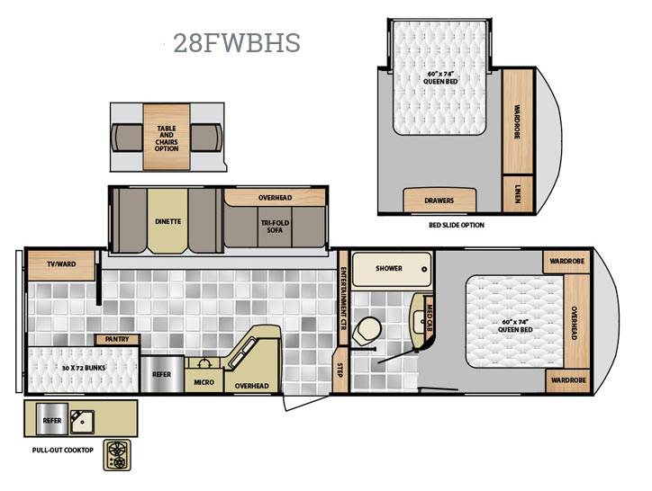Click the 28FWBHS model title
pyautogui.click(x=237, y=43)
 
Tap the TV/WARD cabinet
pyautogui.click(x=61, y=265)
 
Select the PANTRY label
pyautogui.click(x=117, y=339)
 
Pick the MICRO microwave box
pyautogui.click(x=204, y=380)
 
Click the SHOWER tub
pyautogui.click(x=392, y=269)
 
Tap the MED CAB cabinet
pyautogui.click(x=430, y=317)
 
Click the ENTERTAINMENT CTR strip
pyautogui.click(x=343, y=298)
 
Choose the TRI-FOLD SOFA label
pyautogui.click(x=275, y=227)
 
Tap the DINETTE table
pyautogui.click(x=168, y=221)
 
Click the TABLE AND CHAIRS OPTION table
pyautogui.click(x=167, y=137)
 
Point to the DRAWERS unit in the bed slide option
pyautogui.click(x=439, y=201)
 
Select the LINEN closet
pyautogui.click(x=518, y=194)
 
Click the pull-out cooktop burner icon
pyautogui.click(x=117, y=455)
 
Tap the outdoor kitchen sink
pyautogui.click(x=82, y=422)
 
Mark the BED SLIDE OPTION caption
pyautogui.click(x=457, y=225)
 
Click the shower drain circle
pyautogui.click(x=424, y=269)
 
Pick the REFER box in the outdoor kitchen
pyautogui.click(x=52, y=419)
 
